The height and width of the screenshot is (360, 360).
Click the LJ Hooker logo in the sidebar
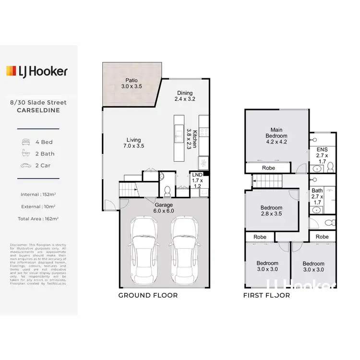(36, 72)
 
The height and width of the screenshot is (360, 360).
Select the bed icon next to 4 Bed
(25, 142)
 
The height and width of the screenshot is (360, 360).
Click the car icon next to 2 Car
(25, 166)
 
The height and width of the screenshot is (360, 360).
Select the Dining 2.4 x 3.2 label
(185, 96)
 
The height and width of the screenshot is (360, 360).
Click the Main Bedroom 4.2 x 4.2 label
(276, 136)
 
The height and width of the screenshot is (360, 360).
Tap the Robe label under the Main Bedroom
(268, 168)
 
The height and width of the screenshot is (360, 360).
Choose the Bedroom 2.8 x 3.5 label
(271, 211)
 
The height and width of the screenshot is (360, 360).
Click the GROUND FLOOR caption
(148, 295)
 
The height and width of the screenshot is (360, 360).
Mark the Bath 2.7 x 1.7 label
(317, 193)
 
